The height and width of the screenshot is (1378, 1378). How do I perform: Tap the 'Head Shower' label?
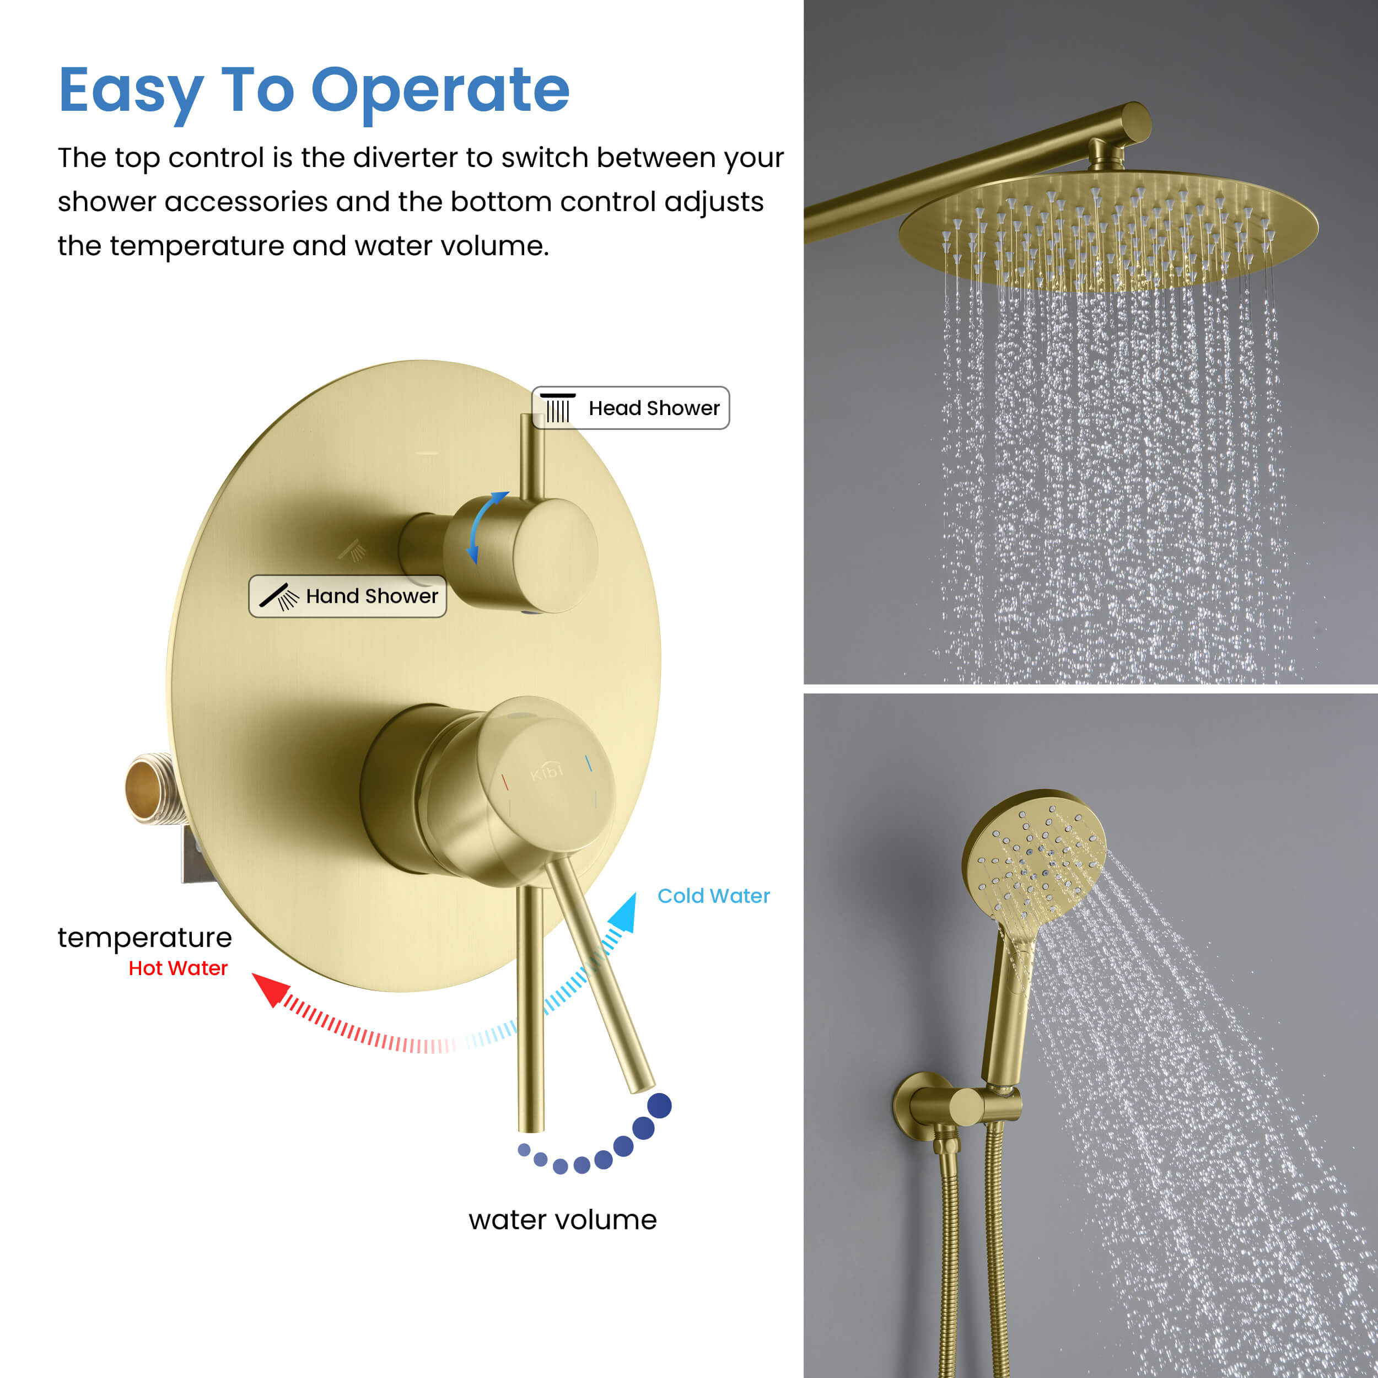pyautogui.click(x=631, y=408)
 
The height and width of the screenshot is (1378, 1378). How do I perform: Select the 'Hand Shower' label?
pyautogui.click(x=347, y=596)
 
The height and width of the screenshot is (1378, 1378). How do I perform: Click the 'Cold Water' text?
pyautogui.click(x=713, y=896)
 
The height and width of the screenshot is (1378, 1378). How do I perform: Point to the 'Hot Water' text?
pyautogui.click(x=178, y=968)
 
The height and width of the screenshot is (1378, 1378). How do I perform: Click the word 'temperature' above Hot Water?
pyautogui.click(x=145, y=937)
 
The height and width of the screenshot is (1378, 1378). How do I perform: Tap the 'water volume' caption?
pyautogui.click(x=563, y=1220)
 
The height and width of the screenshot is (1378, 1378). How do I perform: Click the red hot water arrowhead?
pyautogui.click(x=271, y=988)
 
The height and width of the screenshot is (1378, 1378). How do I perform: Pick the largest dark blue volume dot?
pyautogui.click(x=659, y=1106)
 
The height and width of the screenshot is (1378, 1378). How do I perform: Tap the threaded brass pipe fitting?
pyautogui.click(x=151, y=788)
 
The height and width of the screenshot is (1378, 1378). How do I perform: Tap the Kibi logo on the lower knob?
pyautogui.click(x=546, y=772)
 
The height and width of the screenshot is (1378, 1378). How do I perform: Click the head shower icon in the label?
pyautogui.click(x=558, y=408)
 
